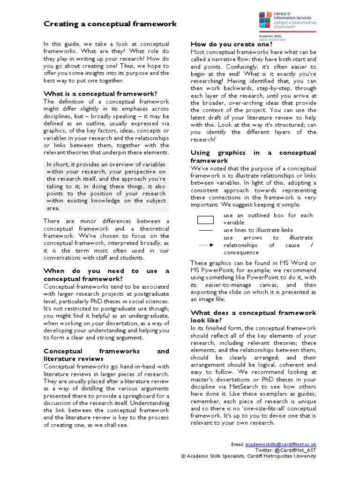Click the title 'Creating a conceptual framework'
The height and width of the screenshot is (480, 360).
110,24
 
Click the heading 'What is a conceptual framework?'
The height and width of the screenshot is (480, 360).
100,94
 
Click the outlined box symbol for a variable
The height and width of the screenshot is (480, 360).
205,219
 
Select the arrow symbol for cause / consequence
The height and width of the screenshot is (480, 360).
205,245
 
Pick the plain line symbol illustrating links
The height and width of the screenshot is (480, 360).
205,230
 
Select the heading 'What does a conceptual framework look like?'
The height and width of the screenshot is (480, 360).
253,316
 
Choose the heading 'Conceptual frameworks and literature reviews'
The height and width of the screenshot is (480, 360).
106,355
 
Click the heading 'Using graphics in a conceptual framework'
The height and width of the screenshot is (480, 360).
253,157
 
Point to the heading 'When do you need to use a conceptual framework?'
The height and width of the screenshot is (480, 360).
106,275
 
